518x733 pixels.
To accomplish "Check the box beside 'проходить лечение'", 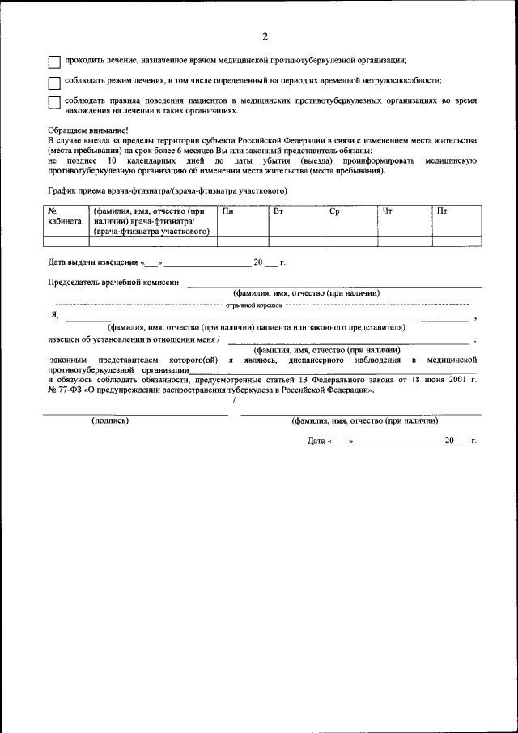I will click(x=53, y=62).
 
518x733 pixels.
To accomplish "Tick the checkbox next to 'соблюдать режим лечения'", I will click(x=53, y=83).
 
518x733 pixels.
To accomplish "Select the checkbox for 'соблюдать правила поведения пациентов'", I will click(x=53, y=103).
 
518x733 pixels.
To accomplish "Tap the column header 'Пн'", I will click(x=228, y=211).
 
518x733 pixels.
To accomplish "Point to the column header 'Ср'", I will click(x=334, y=211).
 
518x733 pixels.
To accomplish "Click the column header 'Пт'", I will click(x=441, y=211).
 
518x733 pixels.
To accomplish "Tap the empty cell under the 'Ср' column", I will click(x=350, y=241).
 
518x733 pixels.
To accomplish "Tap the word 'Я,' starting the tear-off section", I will click(x=54, y=315).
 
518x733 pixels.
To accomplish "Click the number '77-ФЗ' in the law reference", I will click(x=70, y=390).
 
